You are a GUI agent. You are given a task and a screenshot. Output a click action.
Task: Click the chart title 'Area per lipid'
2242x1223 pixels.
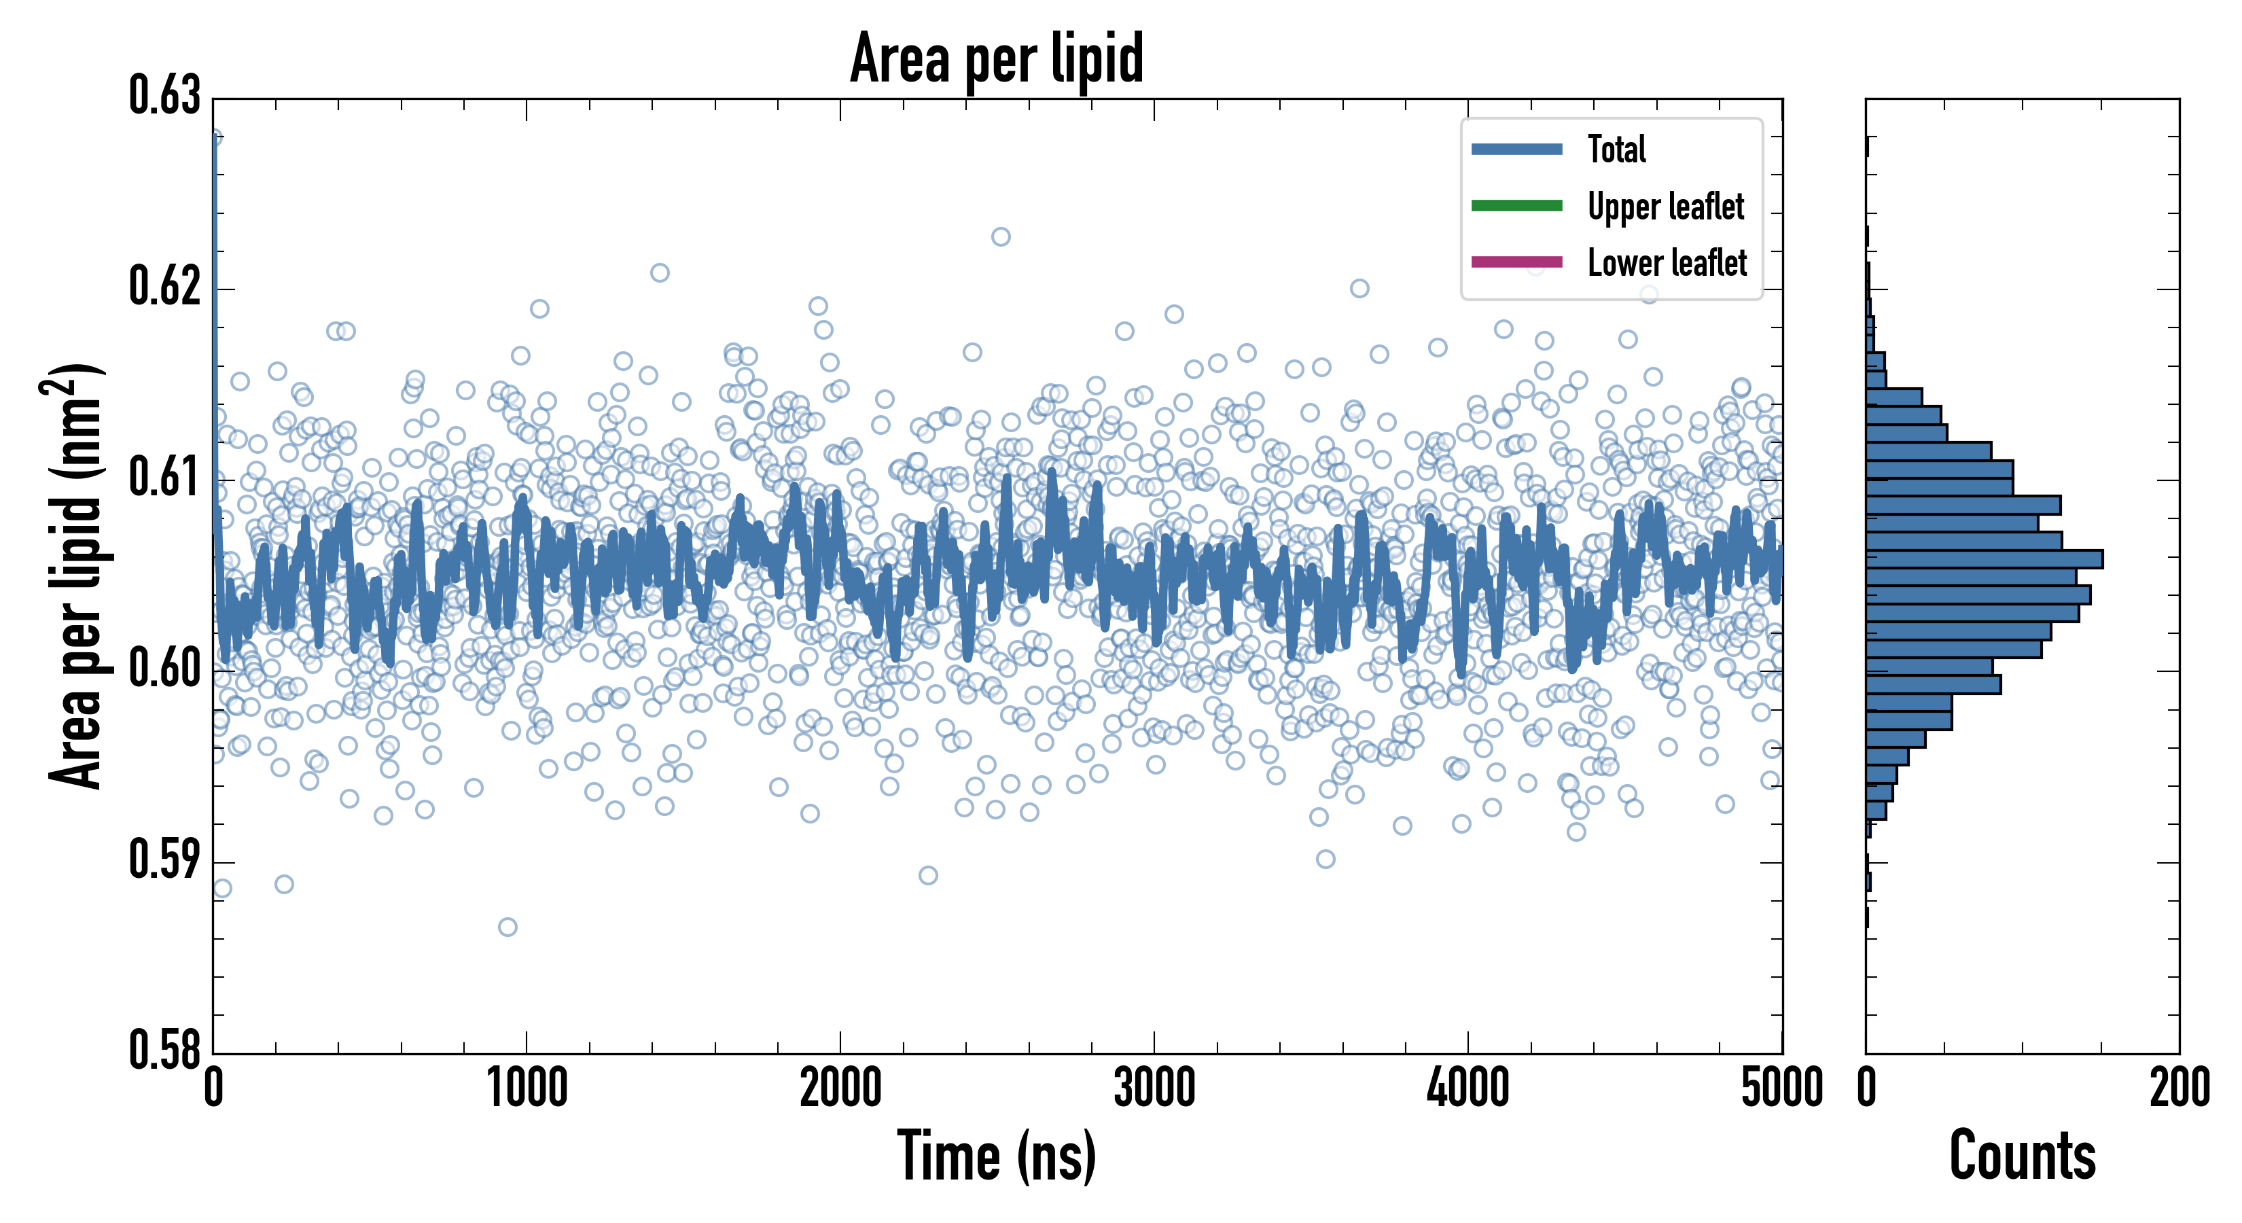point(997,58)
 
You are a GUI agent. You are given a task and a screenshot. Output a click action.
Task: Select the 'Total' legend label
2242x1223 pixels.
point(1616,149)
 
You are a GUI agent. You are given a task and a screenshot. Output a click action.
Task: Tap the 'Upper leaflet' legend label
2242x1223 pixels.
point(1665,207)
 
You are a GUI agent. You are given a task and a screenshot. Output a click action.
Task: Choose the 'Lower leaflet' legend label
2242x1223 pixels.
point(1667,263)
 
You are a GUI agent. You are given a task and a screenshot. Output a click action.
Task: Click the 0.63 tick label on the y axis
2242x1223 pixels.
point(164,96)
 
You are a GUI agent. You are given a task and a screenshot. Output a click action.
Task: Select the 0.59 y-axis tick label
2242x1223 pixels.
point(164,860)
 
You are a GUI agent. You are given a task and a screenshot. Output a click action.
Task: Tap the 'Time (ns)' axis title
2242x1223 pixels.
point(997,1157)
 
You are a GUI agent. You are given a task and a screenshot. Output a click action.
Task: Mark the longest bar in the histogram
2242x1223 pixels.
point(1984,559)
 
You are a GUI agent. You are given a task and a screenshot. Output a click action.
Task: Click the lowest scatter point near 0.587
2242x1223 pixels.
point(508,927)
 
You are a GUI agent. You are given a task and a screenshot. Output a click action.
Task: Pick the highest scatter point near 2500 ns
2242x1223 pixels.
point(1001,236)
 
